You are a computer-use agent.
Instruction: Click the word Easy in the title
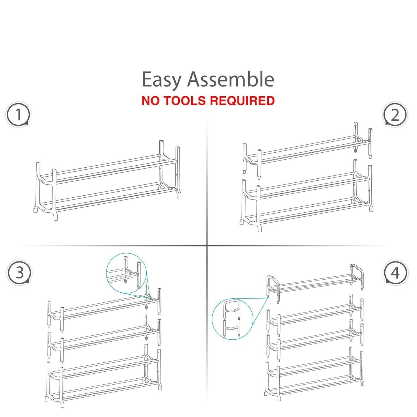161,80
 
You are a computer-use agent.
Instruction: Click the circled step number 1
18,115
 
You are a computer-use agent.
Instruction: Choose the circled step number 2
395,115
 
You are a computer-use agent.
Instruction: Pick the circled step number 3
19,273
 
